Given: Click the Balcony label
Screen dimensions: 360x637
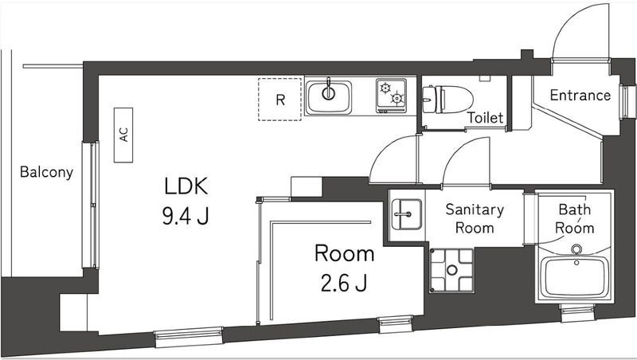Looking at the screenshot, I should [46, 171].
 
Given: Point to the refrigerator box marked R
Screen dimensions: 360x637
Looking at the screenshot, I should [280, 100].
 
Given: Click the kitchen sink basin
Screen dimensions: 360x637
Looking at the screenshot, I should [327, 96].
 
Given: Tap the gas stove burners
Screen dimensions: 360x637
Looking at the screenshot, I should [391, 96].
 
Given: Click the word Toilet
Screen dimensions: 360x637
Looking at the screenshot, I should [485, 118].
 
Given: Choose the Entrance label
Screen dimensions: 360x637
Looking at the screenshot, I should [580, 96].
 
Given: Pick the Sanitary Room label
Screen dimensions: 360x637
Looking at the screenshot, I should [474, 218].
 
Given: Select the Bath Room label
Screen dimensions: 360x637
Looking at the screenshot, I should [575, 218].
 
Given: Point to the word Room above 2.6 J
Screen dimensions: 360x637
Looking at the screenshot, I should [344, 254].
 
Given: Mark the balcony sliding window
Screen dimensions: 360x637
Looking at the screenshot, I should [92, 205].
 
